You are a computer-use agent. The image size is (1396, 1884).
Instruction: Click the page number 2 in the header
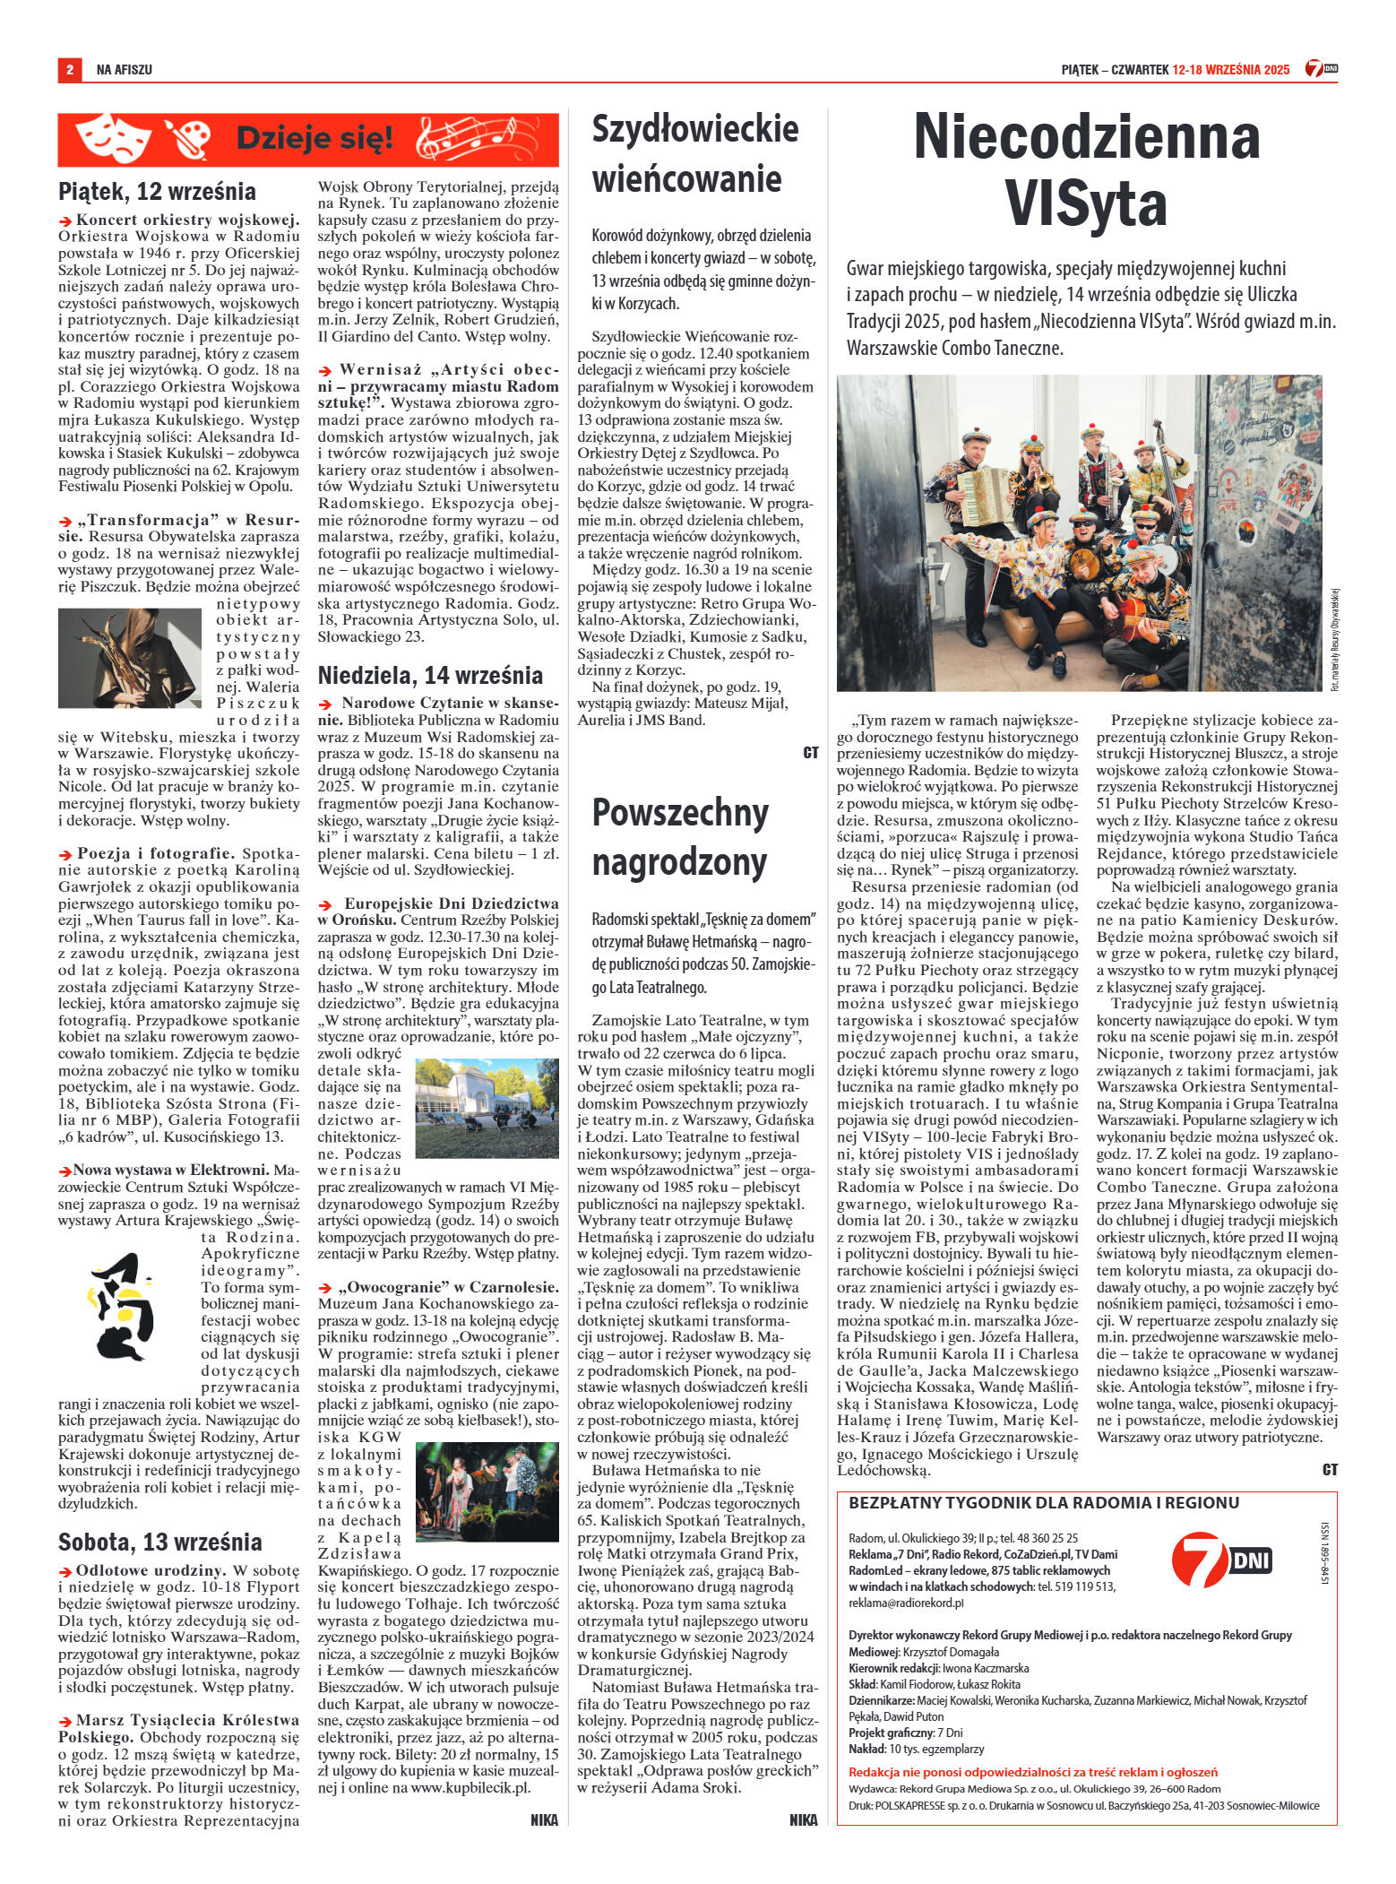(x=69, y=69)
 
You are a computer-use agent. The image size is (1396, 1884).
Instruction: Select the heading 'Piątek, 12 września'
(x=156, y=192)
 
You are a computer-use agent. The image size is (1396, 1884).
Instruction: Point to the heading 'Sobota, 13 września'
(x=159, y=1543)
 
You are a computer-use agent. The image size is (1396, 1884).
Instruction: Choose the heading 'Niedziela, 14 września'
(x=430, y=674)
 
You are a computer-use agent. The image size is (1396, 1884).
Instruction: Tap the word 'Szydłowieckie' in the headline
(x=695, y=128)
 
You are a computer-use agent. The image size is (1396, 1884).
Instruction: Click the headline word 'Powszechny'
(x=681, y=813)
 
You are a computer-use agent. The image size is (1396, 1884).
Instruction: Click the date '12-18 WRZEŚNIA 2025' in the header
(x=1231, y=69)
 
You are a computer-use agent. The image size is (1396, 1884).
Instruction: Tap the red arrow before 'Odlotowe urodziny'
(x=65, y=1571)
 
